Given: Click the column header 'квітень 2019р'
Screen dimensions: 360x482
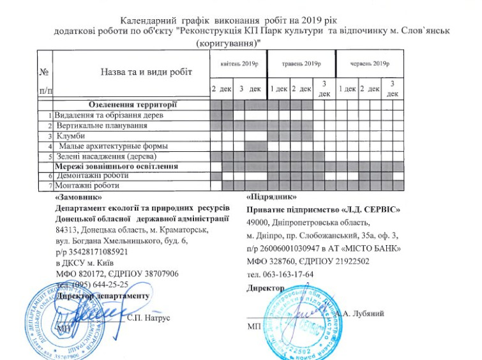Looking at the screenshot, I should click(237, 64).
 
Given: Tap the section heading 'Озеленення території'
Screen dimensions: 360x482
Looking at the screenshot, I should click(132, 105).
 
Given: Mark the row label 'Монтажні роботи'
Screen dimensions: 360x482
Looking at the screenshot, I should click(86, 185).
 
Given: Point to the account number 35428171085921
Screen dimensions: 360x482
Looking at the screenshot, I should click(98, 253).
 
